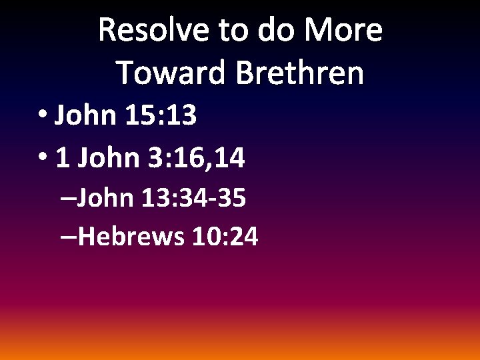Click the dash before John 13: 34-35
point(67,199)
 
